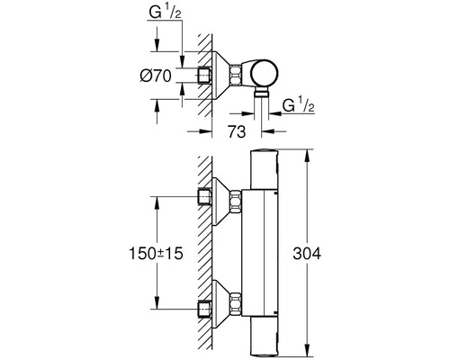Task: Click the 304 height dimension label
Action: coord(336,255)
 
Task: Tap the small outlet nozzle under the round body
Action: coord(261,94)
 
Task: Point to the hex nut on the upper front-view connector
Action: coord(237,202)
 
